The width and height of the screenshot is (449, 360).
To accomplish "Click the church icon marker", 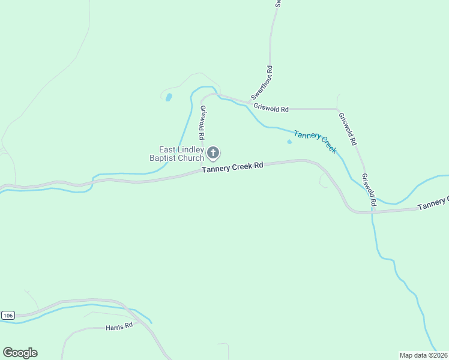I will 213,153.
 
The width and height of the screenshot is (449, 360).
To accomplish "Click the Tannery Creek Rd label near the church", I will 233,168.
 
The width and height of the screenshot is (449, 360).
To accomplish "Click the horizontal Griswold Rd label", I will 271,109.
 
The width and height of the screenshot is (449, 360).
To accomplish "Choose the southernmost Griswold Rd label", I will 367,191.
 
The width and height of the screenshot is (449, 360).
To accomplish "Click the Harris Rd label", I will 119,328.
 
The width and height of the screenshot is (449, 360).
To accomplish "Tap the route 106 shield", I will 7,315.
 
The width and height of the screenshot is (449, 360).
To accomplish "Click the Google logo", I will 20,353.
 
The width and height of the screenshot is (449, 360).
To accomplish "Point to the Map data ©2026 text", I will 424,355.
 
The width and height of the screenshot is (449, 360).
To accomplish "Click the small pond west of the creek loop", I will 169,97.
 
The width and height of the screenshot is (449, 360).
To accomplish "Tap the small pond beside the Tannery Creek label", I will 289,142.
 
